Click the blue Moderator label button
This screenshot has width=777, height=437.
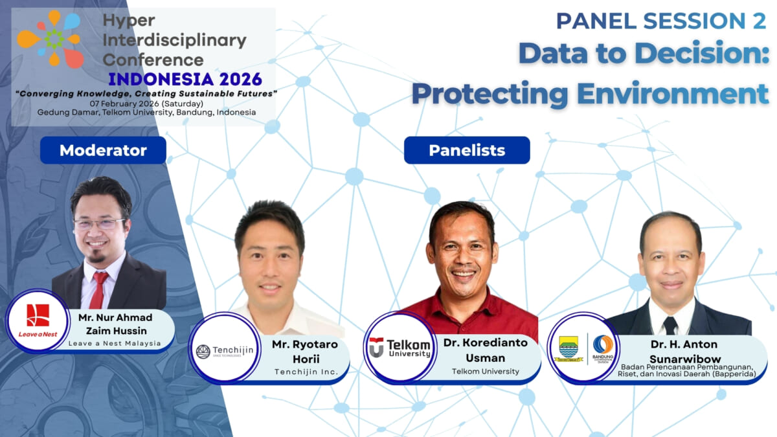tap(103, 150)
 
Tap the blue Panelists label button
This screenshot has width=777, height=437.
tap(467, 150)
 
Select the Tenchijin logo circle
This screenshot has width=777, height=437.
tap(225, 352)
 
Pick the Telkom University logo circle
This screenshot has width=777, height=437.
tap(400, 347)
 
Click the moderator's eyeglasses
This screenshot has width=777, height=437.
tap(100, 224)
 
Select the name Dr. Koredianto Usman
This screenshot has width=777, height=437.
tap(486, 349)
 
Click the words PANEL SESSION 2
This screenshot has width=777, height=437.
tap(661, 21)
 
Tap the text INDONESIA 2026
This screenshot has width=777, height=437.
tap(185, 79)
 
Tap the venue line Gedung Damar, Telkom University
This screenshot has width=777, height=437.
tap(146, 112)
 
